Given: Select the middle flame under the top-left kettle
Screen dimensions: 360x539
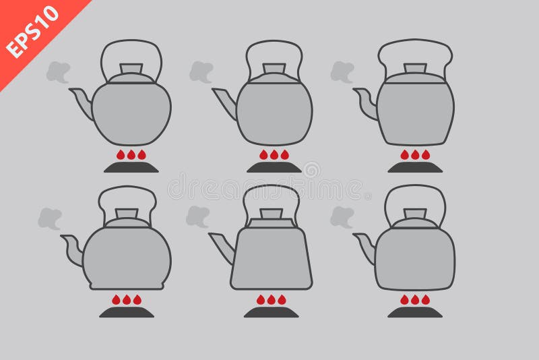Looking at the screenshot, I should pos(131,155).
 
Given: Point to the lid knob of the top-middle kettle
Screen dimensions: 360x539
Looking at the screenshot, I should pos(274,68).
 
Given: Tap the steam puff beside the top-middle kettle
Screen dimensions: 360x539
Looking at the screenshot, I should pos(201,71).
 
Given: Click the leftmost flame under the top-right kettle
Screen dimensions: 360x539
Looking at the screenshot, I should pos(405,155).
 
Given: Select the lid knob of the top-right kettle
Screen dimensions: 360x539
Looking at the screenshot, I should pos(415,68).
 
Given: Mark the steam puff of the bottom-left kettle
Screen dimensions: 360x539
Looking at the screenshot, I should pos(49,218).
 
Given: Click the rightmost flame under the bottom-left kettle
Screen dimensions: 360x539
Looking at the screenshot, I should pos(137,299).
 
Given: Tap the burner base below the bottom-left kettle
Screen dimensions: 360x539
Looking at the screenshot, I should pos(127,312).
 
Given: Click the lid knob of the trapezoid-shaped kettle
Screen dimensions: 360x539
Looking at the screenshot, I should pos(271,214).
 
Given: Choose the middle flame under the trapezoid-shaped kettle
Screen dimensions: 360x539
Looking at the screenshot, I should pos(271,299).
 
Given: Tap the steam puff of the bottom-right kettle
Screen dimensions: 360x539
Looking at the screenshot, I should pos(342,216).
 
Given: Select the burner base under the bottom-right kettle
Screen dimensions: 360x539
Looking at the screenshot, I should pos(415,312).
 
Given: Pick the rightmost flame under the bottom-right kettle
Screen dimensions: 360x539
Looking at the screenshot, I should pos(426,299).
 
